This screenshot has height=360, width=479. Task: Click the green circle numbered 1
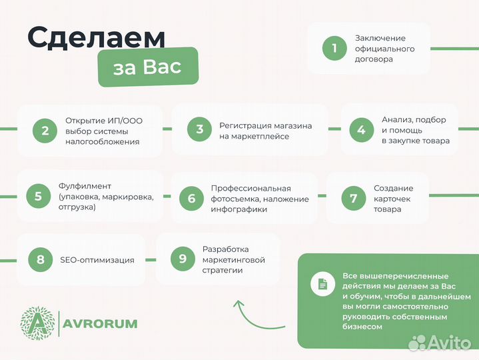tap(334, 48)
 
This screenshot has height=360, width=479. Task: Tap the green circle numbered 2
tap(45, 130)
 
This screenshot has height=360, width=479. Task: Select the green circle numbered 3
tap(199, 130)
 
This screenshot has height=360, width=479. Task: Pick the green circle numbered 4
tap(361, 130)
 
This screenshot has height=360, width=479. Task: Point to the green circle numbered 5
tap(38, 196)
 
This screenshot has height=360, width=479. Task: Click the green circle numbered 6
tap(191, 198)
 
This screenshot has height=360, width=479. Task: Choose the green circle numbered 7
tap(353, 198)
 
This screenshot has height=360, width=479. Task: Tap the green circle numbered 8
tap(41, 259)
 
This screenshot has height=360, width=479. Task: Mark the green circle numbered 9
tap(183, 259)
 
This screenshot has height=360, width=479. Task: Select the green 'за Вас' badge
tap(148, 67)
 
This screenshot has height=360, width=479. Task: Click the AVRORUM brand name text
tap(101, 324)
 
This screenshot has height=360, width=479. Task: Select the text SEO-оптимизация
tap(97, 260)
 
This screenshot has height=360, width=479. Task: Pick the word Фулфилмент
tap(85, 185)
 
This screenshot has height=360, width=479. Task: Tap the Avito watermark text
tap(448, 343)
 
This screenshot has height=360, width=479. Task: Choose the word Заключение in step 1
tap(380, 38)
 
